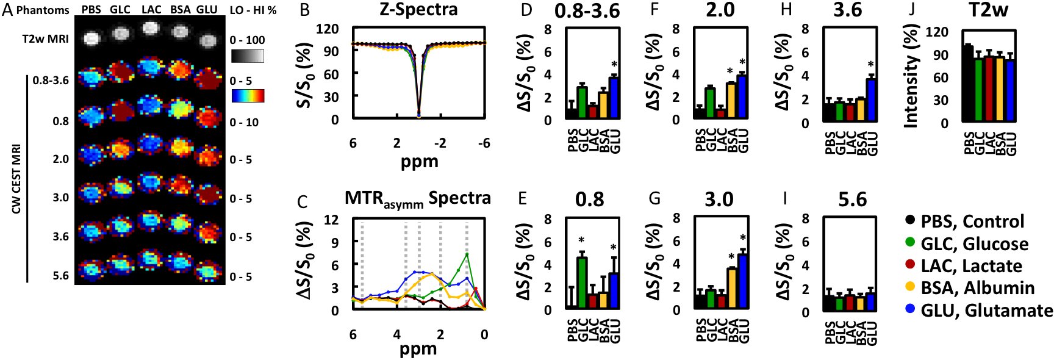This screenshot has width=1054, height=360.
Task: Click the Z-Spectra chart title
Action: tap(418, 10)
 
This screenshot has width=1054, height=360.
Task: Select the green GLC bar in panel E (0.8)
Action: tap(582, 283)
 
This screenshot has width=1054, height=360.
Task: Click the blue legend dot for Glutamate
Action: tap(911, 309)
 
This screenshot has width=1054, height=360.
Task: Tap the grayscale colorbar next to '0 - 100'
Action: tap(248, 57)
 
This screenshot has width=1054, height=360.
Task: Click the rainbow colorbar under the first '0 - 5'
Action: tap(248, 96)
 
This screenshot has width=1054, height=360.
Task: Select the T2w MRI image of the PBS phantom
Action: tap(91, 38)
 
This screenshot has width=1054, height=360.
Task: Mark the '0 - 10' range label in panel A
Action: tap(244, 123)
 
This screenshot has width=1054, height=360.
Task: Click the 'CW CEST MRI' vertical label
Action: tap(16, 179)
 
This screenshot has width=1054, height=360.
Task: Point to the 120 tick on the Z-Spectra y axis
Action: tap(327, 29)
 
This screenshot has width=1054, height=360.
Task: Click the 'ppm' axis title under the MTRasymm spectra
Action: tap(418, 349)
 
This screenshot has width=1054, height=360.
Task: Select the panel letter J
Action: tap(911, 10)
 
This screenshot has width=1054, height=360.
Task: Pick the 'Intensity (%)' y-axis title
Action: tap(911, 76)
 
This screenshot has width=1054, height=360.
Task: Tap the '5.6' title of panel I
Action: tap(852, 200)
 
